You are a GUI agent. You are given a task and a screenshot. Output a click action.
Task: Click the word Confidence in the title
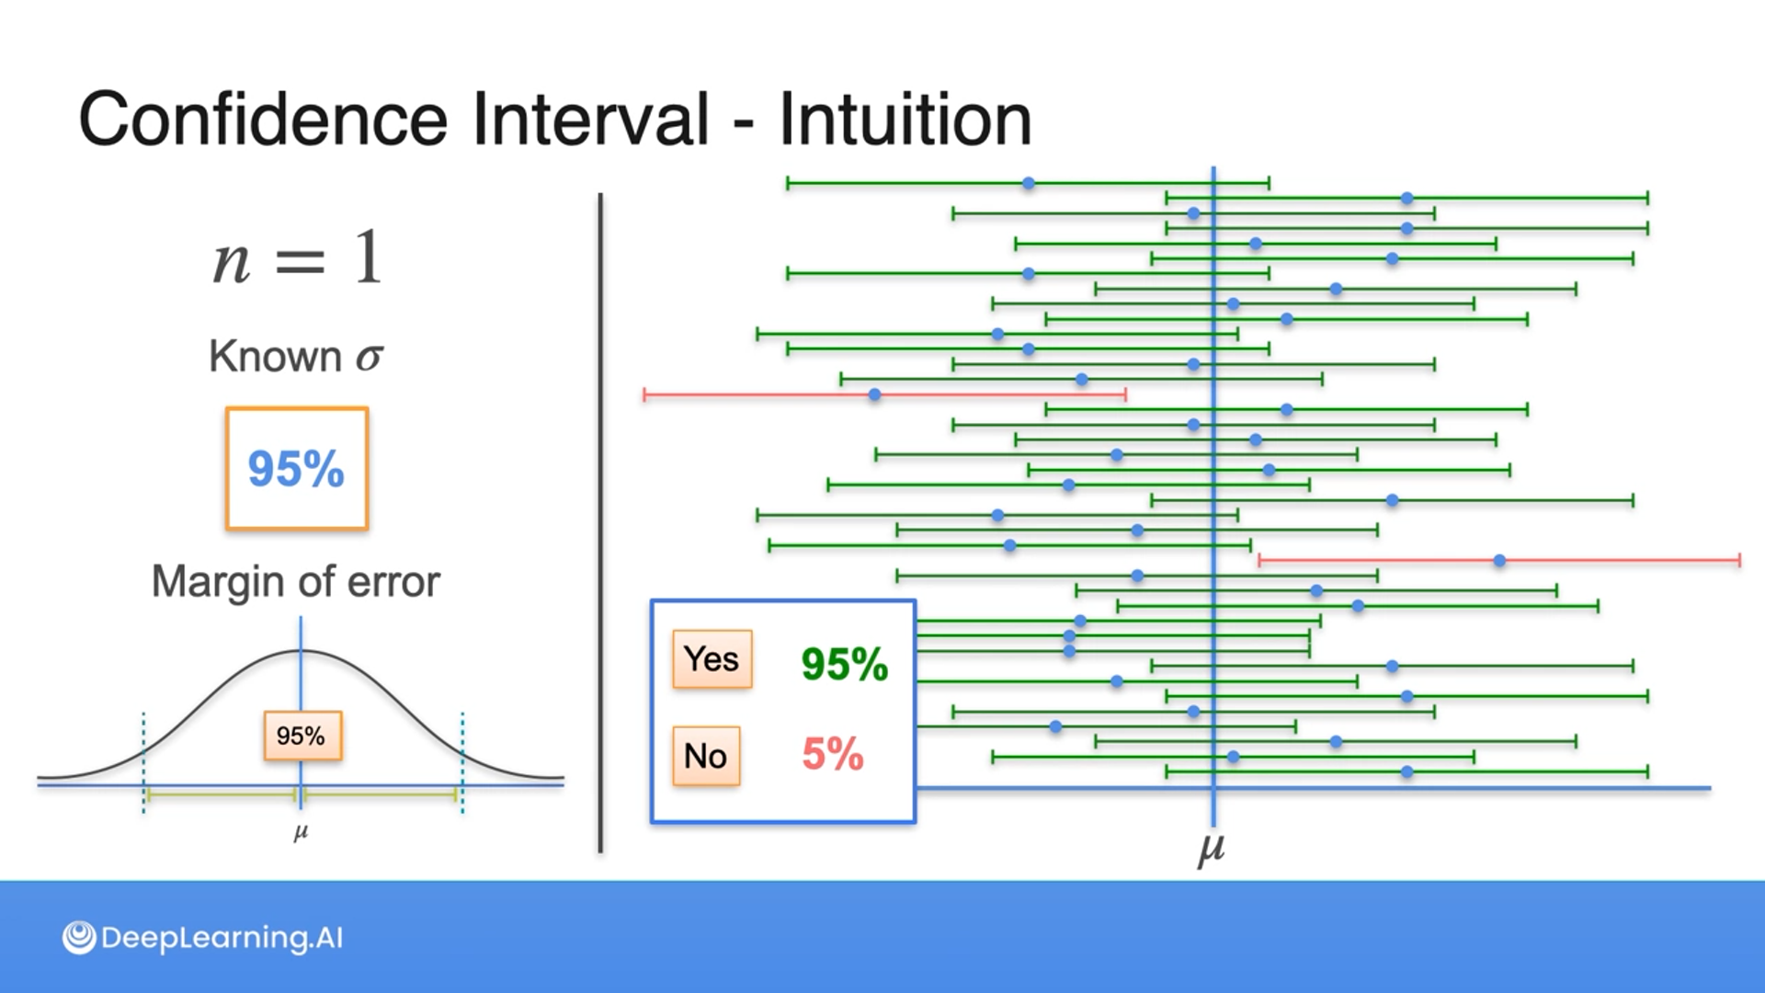click(x=263, y=119)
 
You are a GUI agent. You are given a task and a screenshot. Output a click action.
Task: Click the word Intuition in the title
click(x=905, y=119)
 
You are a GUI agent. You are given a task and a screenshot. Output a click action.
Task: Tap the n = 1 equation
click(x=297, y=258)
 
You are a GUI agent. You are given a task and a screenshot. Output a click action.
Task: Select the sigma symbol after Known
click(x=370, y=357)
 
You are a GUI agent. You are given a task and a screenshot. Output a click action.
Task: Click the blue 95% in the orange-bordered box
click(x=296, y=469)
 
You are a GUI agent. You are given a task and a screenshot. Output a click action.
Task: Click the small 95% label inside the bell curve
click(x=302, y=736)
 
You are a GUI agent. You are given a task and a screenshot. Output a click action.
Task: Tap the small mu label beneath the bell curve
click(x=301, y=833)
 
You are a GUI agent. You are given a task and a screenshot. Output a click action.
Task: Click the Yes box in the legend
click(x=712, y=659)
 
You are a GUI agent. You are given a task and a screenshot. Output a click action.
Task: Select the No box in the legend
click(x=706, y=756)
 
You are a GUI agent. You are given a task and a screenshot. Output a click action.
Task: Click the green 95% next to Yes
click(x=844, y=664)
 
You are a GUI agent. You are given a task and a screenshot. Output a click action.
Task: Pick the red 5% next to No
click(x=833, y=754)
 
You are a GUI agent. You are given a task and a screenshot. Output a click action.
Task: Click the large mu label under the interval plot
click(x=1212, y=848)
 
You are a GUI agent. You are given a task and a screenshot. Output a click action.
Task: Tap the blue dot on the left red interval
click(x=875, y=394)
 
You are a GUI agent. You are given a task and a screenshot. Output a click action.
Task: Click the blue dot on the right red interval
click(x=1499, y=560)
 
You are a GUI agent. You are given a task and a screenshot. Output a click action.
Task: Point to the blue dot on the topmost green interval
click(x=1029, y=184)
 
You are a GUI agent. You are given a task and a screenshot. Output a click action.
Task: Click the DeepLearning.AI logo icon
click(x=79, y=938)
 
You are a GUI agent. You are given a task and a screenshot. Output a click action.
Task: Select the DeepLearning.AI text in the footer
click(x=222, y=938)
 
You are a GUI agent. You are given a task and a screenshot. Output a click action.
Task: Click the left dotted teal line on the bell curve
click(x=143, y=762)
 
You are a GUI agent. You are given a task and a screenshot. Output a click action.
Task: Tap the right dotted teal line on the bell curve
click(x=462, y=762)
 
